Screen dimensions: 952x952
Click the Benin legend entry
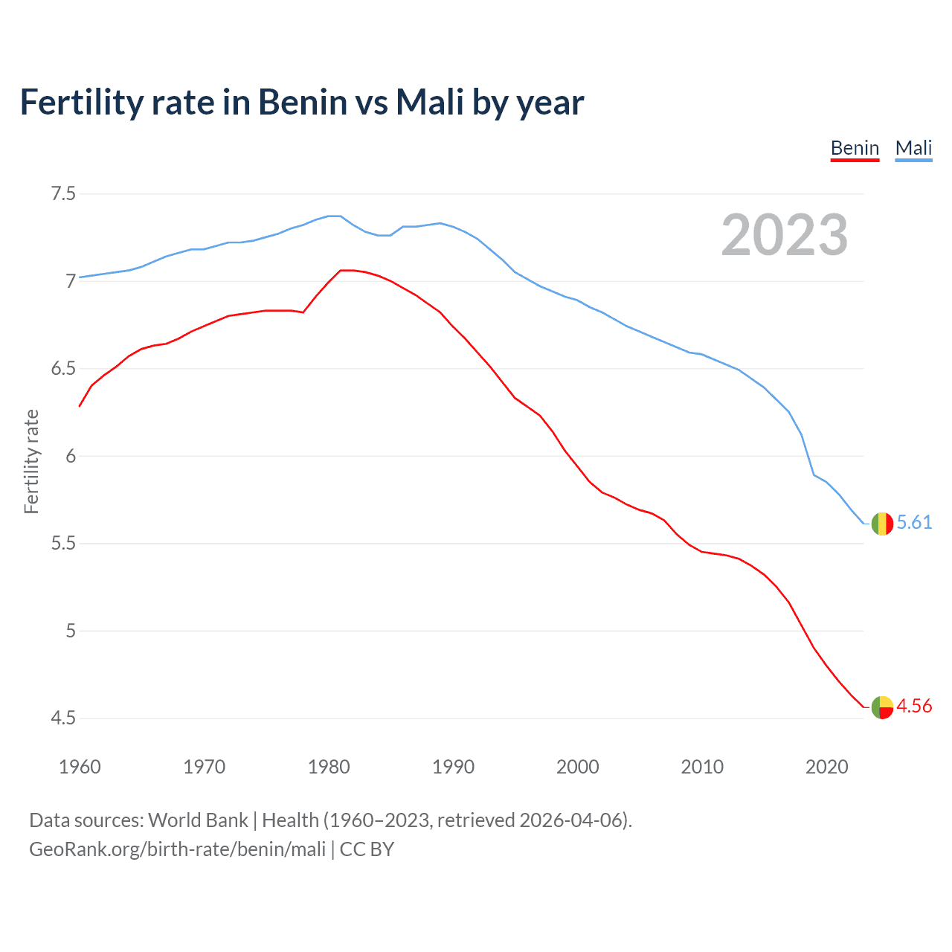(x=855, y=148)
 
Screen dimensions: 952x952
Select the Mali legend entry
(x=913, y=148)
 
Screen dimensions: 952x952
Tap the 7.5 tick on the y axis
(x=63, y=194)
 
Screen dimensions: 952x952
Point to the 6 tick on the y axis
(x=71, y=456)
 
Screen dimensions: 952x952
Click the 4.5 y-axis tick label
(x=63, y=718)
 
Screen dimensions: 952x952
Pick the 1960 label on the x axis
(x=80, y=767)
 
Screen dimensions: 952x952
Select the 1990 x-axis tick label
(x=453, y=767)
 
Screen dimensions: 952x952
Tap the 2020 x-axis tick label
(x=826, y=767)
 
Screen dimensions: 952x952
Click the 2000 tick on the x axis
(x=577, y=767)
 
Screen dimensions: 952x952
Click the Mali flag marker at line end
(x=882, y=524)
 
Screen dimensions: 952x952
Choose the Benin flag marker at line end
(x=882, y=707)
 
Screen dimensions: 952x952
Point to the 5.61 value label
(x=914, y=523)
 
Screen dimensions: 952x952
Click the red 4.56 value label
(x=914, y=706)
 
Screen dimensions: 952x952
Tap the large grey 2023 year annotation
(x=785, y=235)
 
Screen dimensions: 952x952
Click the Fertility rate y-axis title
(x=31, y=461)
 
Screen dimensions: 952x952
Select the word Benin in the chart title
(x=303, y=102)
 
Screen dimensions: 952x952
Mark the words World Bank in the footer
(x=198, y=820)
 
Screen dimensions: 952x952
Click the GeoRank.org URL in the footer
(x=177, y=849)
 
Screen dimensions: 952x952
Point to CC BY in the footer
(x=367, y=849)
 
